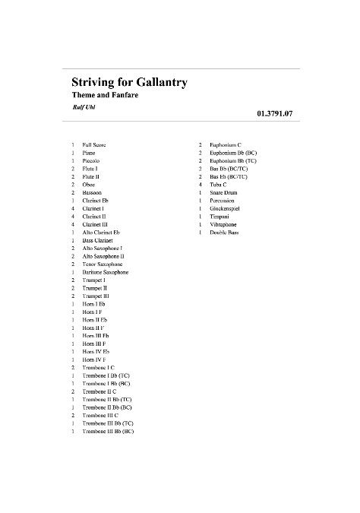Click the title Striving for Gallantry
pos(130,81)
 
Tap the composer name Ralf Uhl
pos(84,107)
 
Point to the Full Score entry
pos(94,144)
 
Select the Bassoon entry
pos(93,192)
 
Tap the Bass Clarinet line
pos(98,240)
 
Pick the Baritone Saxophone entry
pos(105,272)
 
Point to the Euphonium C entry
pos(226,144)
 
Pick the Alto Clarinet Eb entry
pos(101,232)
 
